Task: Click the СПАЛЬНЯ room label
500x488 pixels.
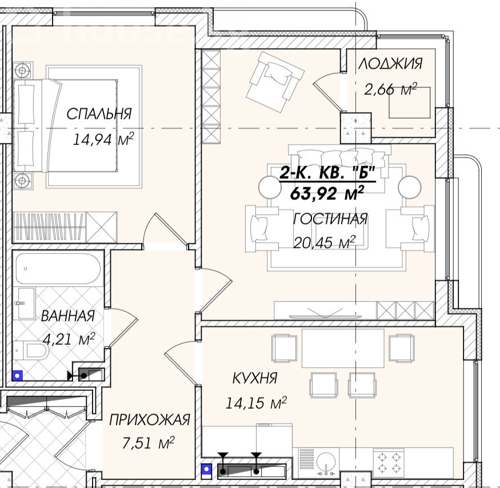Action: click(99, 114)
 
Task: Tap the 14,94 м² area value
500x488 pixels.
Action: click(103, 139)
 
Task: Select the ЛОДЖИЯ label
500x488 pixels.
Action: click(391, 64)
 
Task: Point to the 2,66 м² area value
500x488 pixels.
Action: click(391, 90)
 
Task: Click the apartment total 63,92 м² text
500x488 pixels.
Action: click(327, 193)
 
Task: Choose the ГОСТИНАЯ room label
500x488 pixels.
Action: click(330, 220)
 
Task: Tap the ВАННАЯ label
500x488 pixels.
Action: click(68, 316)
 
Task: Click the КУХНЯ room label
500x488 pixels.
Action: click(255, 378)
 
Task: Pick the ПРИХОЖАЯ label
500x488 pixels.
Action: click(150, 420)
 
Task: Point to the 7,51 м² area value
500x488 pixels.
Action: click(148, 443)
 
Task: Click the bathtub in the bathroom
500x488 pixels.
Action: click(58, 268)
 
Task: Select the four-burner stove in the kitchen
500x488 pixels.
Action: click(389, 463)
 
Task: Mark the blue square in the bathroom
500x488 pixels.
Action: click(18, 376)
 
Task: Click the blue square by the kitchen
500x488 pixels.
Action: click(207, 469)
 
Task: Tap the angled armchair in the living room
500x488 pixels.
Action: click(275, 83)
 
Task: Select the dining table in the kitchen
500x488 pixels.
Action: click(343, 348)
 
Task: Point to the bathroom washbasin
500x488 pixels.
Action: click(26, 304)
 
